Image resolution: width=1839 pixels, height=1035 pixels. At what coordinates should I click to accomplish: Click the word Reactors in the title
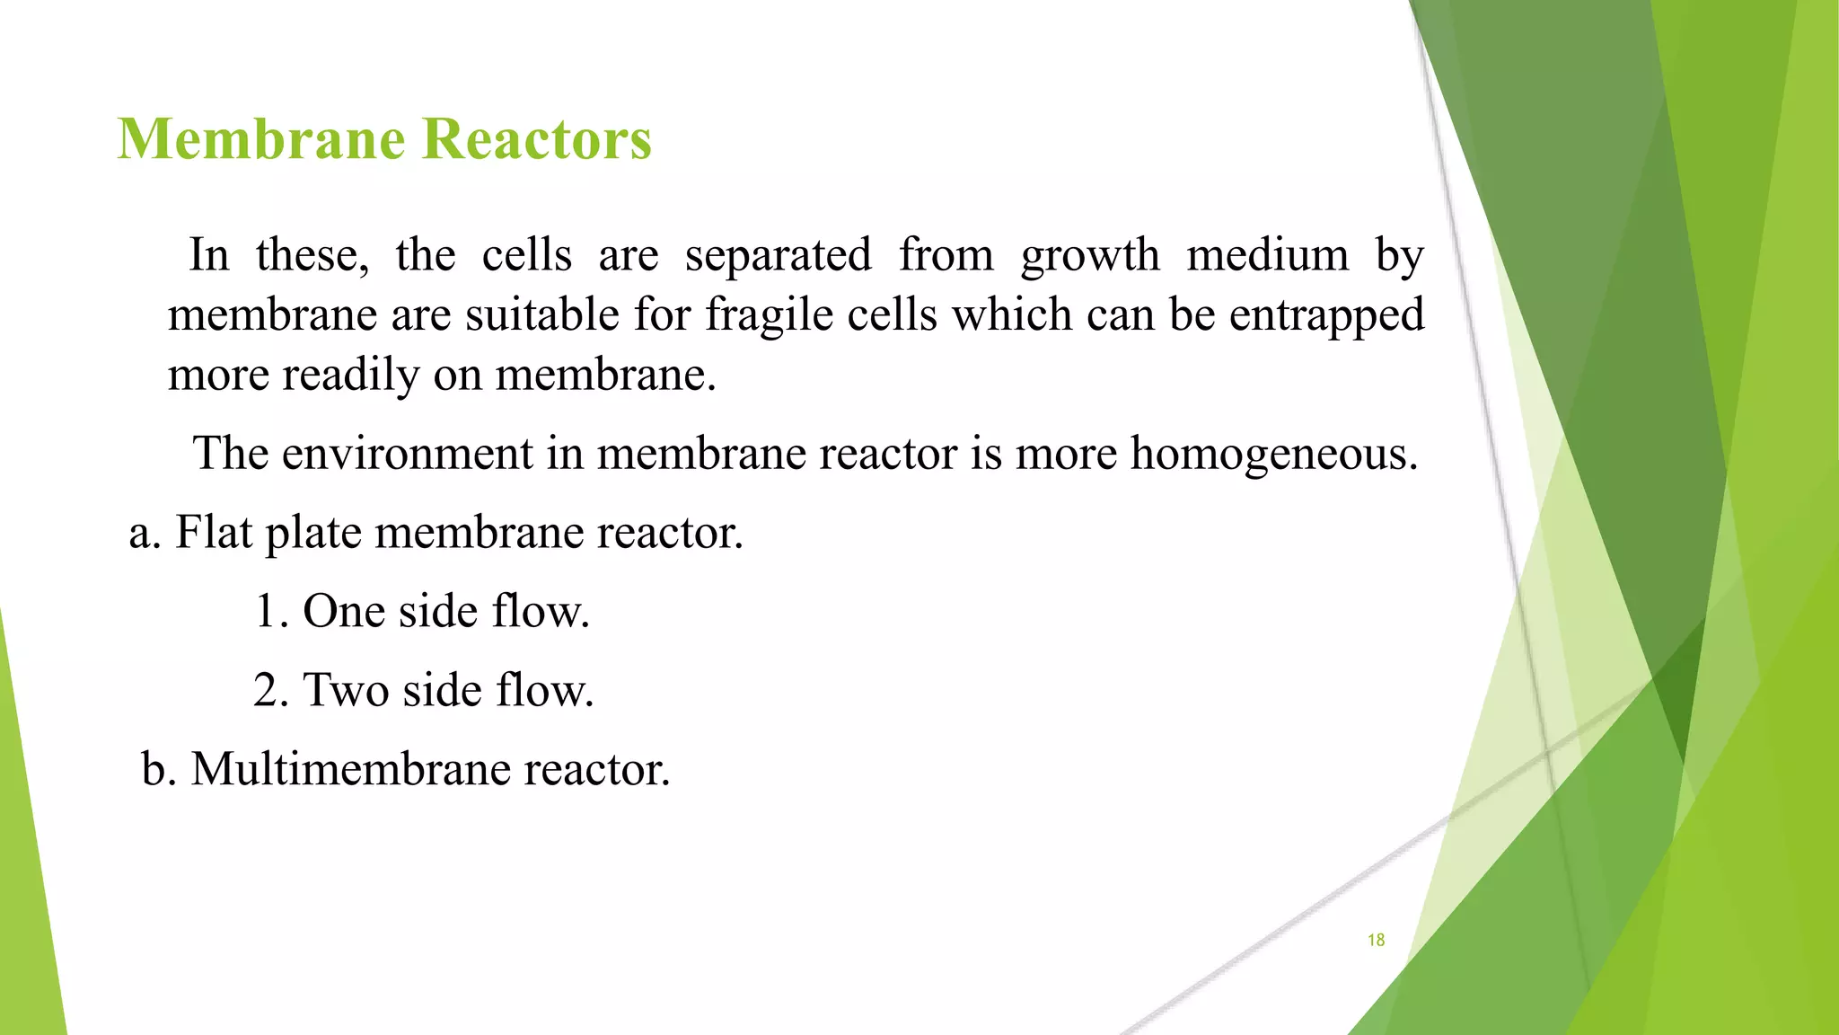click(536, 140)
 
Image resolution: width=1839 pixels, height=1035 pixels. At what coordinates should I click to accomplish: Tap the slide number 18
click(1376, 940)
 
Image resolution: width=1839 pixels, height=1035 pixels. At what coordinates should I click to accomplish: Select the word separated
click(778, 256)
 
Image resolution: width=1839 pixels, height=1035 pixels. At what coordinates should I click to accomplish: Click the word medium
click(1267, 255)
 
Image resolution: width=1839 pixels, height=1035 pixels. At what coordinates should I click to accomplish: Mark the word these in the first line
click(312, 256)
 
